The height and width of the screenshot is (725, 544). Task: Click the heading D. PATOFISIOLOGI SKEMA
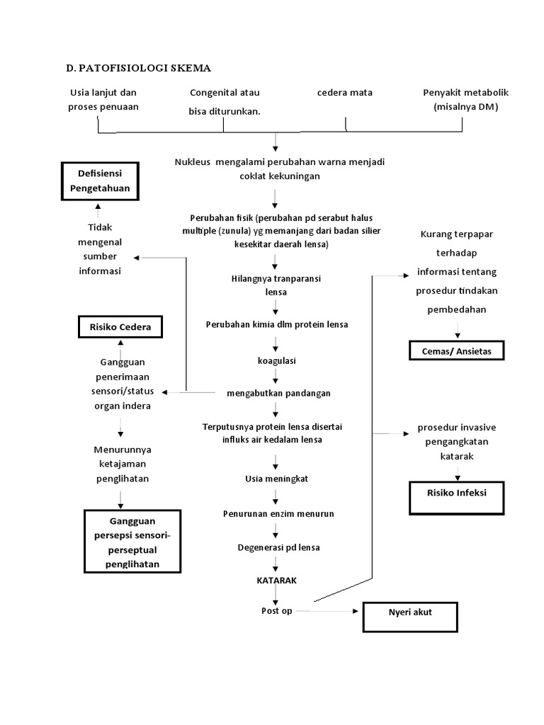(x=138, y=68)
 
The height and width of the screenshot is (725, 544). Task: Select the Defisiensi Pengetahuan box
(x=98, y=181)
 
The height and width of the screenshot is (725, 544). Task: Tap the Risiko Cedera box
(x=120, y=327)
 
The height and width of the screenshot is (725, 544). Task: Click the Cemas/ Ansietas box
(x=457, y=350)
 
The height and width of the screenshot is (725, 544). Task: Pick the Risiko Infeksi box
(x=456, y=497)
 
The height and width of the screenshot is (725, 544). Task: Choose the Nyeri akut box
(x=410, y=616)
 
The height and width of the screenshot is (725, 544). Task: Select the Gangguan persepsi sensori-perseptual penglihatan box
(x=132, y=542)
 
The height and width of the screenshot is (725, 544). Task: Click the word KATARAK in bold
(x=276, y=579)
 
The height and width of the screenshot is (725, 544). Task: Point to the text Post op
(x=276, y=610)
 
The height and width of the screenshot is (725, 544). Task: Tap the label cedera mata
(x=345, y=93)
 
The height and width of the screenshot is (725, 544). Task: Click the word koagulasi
(x=276, y=360)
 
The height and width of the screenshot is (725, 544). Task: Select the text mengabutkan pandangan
(x=278, y=393)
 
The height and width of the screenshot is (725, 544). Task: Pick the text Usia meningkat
(x=277, y=479)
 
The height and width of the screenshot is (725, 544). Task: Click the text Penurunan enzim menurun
(x=278, y=513)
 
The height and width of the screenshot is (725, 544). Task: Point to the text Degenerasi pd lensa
(x=278, y=547)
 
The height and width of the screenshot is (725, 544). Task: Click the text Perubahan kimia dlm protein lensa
(x=277, y=324)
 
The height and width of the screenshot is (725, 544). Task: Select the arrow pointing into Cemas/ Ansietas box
(x=458, y=331)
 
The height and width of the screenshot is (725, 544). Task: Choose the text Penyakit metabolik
(x=465, y=93)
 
